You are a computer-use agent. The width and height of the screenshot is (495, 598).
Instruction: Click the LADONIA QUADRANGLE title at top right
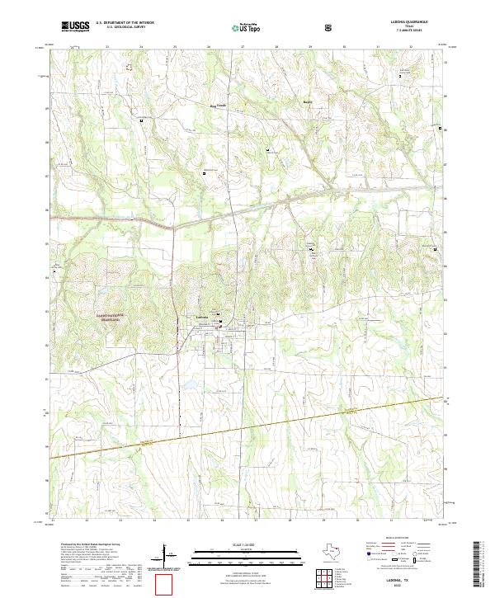[403, 22]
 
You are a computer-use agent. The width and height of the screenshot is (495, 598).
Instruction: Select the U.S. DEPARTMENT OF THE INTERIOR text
[125, 22]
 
